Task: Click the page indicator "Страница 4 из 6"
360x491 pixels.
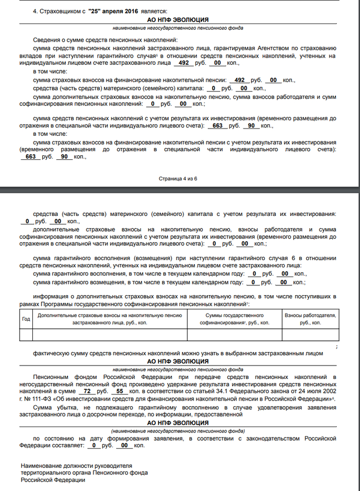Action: [177, 178]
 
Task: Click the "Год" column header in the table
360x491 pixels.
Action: [26, 319]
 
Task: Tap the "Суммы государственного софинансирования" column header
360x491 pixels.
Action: [235, 319]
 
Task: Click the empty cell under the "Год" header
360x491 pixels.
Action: [26, 334]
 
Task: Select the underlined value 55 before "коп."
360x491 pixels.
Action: [119, 391]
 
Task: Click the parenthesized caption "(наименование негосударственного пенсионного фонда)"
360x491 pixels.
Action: [178, 430]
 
